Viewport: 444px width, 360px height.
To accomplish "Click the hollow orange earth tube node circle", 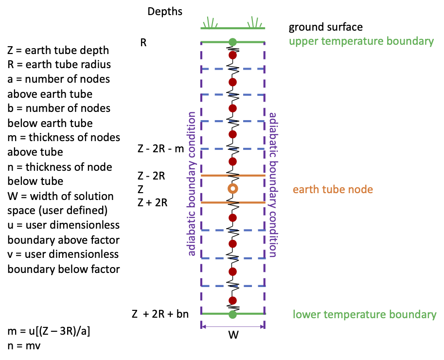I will click(233, 189).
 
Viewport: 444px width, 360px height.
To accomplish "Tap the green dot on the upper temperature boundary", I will click(233, 42).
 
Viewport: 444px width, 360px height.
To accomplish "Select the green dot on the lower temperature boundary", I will click(233, 314).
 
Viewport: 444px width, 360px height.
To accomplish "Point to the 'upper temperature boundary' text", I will click(361, 41).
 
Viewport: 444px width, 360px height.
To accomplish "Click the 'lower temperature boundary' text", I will click(364, 315).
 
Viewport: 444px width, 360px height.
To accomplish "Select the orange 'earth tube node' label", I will click(333, 189).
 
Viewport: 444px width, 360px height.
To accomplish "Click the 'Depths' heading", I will click(165, 11).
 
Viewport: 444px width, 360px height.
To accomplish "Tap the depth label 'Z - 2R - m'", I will click(161, 149).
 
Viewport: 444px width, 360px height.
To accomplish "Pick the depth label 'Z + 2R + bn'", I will click(160, 314).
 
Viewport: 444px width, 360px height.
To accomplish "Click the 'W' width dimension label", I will click(233, 335).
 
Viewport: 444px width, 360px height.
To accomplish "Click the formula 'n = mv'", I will click(26, 346).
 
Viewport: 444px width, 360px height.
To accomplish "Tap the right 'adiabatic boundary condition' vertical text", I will click(273, 185).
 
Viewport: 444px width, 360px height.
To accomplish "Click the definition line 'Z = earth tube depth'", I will click(58, 50).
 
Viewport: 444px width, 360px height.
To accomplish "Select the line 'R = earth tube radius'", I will click(59, 64).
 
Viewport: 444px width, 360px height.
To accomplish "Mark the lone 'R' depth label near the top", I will click(143, 42).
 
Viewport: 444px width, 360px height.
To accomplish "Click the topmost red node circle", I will click(233, 55).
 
